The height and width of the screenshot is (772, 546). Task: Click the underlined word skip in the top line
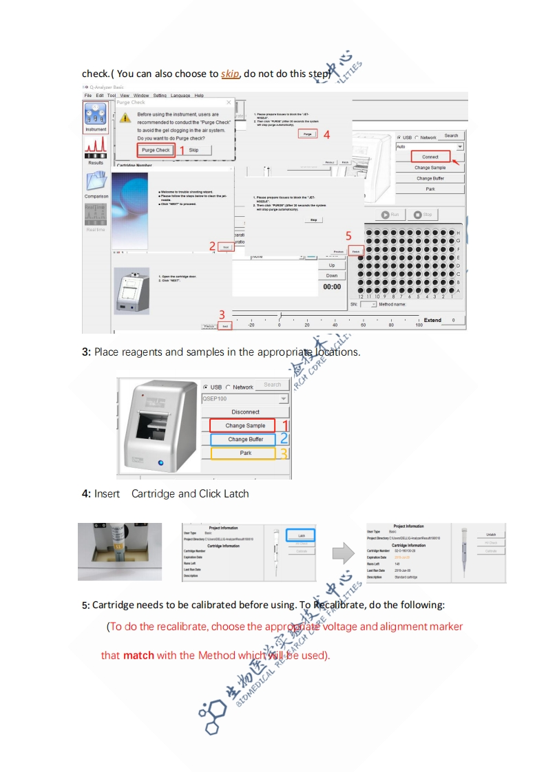pyautogui.click(x=230, y=74)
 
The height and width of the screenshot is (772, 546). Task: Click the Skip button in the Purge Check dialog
pyautogui.click(x=193, y=149)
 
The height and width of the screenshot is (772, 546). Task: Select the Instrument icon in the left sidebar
pyautogui.click(x=96, y=117)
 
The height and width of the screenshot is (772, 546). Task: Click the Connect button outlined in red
pyautogui.click(x=430, y=157)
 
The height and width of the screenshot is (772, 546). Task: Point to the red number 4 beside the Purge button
pyautogui.click(x=326, y=134)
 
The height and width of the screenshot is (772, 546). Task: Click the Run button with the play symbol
pyautogui.click(x=390, y=215)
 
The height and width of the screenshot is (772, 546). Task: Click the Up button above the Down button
pyautogui.click(x=332, y=265)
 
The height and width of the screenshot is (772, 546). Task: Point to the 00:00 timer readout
pyautogui.click(x=332, y=286)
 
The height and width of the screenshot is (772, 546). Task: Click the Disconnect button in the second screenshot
pyautogui.click(x=245, y=411)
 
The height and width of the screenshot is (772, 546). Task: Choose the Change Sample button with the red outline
pyautogui.click(x=245, y=426)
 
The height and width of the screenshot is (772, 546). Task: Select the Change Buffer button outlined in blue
pyautogui.click(x=245, y=439)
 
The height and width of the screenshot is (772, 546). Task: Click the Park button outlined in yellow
pyautogui.click(x=245, y=453)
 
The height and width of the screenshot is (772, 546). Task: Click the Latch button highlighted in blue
pyautogui.click(x=301, y=535)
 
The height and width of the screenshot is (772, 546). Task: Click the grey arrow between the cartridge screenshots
pyautogui.click(x=342, y=553)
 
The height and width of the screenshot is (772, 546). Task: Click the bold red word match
pyautogui.click(x=138, y=655)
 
